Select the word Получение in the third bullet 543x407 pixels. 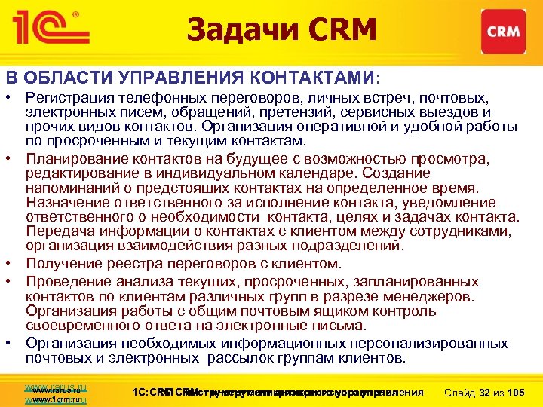[x=60, y=264]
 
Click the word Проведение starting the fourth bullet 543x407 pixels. [x=64, y=281]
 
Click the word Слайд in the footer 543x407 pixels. [x=462, y=393]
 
